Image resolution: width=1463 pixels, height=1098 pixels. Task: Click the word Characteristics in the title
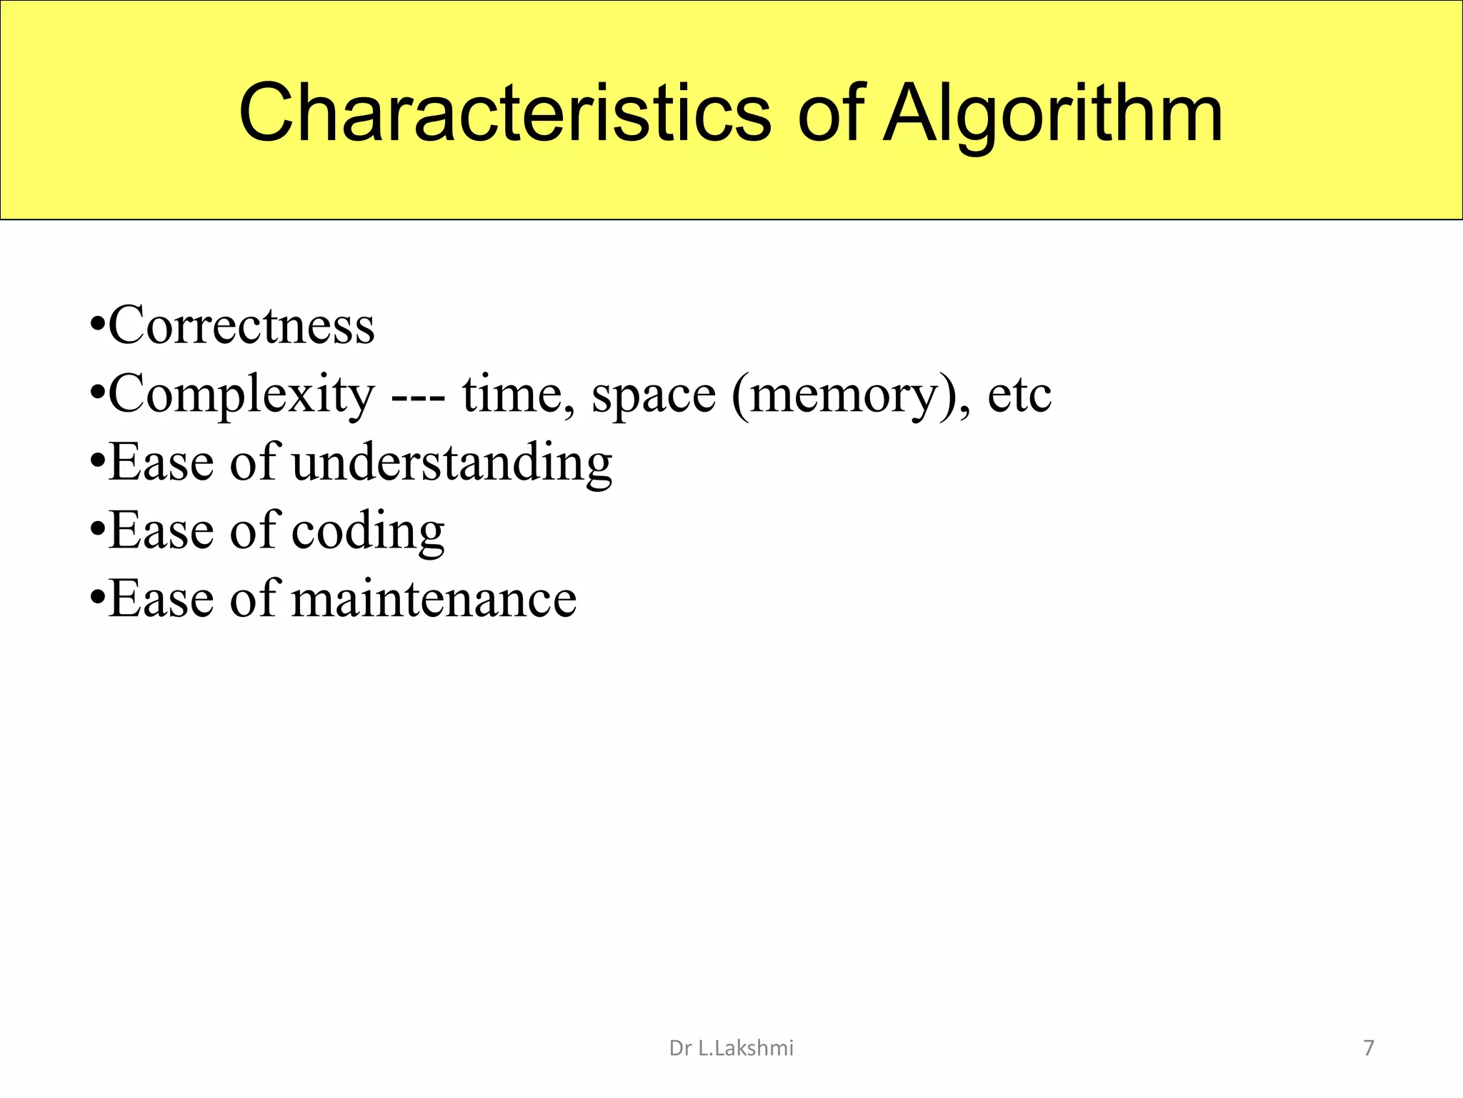504,113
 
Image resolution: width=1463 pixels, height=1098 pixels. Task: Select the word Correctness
241,326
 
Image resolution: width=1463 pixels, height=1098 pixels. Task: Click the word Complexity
241,395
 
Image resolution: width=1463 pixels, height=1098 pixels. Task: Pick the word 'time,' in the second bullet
518,395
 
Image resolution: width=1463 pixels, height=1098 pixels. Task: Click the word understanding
451,463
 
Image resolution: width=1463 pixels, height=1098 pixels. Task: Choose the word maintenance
434,599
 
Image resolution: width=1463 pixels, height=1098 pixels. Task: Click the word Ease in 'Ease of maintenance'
161,599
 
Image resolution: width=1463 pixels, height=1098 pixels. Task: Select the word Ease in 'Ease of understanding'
161,463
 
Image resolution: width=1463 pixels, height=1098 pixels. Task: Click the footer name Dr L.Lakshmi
731,1049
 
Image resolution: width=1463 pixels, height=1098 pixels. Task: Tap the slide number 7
1369,1049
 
